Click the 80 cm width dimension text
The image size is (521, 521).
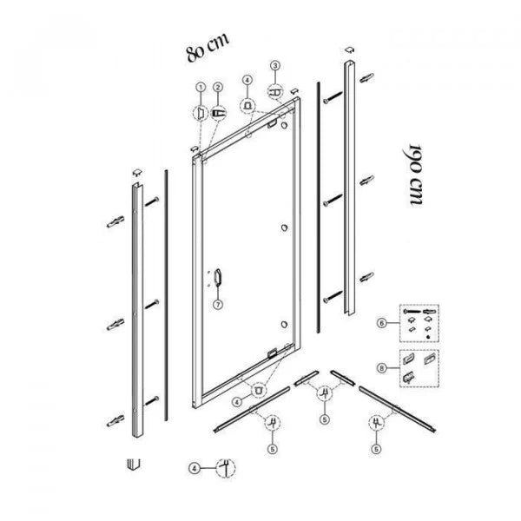pyautogui.click(x=208, y=47)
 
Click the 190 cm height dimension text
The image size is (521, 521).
pyautogui.click(x=415, y=175)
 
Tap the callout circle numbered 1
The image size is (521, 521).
pyautogui.click(x=201, y=87)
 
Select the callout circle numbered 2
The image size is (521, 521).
pyautogui.click(x=218, y=87)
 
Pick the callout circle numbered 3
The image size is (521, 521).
pyautogui.click(x=275, y=65)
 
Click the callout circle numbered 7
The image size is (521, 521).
pyautogui.click(x=218, y=305)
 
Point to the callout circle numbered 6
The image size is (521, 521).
pyautogui.click(x=382, y=323)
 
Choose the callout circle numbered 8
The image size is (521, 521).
pyautogui.click(x=382, y=368)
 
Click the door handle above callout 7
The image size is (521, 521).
pyautogui.click(x=218, y=278)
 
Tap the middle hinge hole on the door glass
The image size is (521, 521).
pyautogui.click(x=285, y=228)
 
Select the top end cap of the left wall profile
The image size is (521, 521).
pyautogui.click(x=137, y=172)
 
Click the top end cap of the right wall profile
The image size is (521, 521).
pyautogui.click(x=349, y=49)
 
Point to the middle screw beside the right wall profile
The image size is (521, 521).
pyautogui.click(x=333, y=200)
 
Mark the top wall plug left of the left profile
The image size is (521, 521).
pyautogui.click(x=115, y=221)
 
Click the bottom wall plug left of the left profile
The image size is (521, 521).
pyautogui.click(x=115, y=420)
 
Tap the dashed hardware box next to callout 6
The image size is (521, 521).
pyautogui.click(x=419, y=323)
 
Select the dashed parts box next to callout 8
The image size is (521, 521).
pyautogui.click(x=419, y=368)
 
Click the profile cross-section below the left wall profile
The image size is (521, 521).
pyautogui.click(x=134, y=464)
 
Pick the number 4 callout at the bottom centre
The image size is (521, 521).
pyautogui.click(x=195, y=469)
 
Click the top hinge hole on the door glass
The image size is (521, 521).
pyautogui.click(x=284, y=125)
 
